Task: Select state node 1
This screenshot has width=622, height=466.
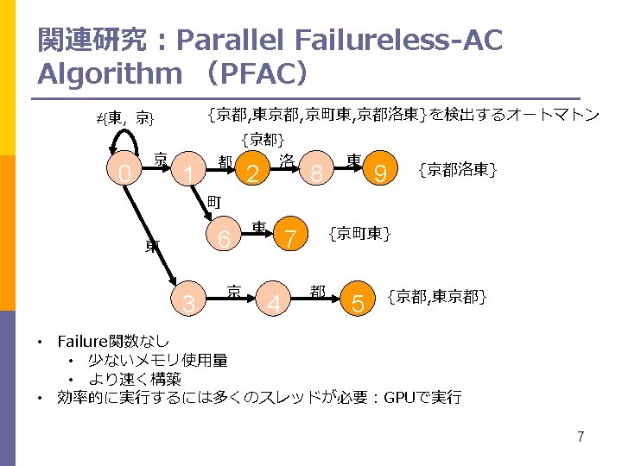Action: pyautogui.click(x=187, y=174)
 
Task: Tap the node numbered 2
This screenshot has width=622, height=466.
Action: pyautogui.click(x=252, y=174)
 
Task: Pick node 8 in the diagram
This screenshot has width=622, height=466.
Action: pyautogui.click(x=317, y=174)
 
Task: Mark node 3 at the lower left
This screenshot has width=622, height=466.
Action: pyautogui.click(x=188, y=303)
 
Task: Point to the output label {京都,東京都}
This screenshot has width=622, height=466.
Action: pyautogui.click(x=438, y=298)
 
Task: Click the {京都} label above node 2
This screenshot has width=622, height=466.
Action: pyautogui.click(x=263, y=139)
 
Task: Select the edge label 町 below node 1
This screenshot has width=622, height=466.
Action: pyautogui.click(x=214, y=202)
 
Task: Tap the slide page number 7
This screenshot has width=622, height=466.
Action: pyautogui.click(x=581, y=437)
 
